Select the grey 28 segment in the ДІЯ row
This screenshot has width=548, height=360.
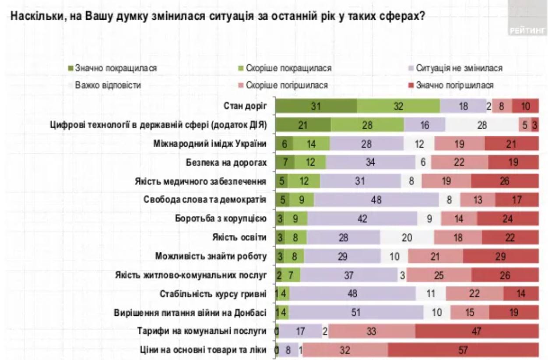pos(481,125)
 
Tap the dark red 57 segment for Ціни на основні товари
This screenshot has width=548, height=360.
pos(463,350)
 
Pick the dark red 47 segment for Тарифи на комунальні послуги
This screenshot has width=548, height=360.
pos(477,332)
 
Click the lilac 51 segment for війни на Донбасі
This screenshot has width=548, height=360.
pos(356,313)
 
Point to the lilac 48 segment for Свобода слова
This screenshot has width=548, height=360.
pos(376,200)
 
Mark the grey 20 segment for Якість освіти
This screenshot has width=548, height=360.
pos(407,237)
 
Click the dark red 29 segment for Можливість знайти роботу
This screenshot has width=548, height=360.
pos(501,256)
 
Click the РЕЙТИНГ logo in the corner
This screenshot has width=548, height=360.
pos(528,30)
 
